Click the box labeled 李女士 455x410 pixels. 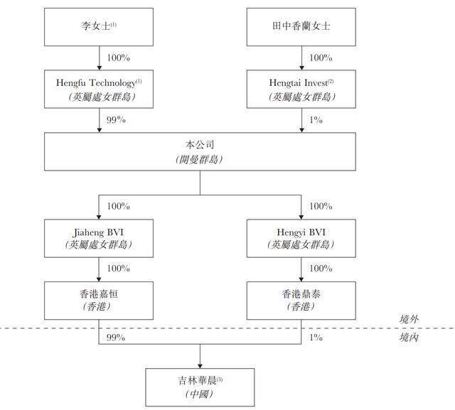(99, 27)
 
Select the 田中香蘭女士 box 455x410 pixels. (301, 27)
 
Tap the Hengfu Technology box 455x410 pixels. (99, 89)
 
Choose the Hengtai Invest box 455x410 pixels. (301, 89)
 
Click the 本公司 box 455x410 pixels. (200, 151)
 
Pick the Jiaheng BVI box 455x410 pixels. (99, 238)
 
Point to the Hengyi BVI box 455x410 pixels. (301, 238)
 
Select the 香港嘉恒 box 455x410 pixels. (99, 301)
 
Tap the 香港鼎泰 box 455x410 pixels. (301, 301)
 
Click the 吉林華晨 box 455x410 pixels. (200, 387)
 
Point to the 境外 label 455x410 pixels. (409, 319)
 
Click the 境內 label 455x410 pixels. (409, 338)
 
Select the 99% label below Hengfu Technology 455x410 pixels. (116, 120)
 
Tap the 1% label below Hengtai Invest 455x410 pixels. (316, 120)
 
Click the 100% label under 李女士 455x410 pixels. (119, 58)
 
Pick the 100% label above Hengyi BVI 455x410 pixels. (321, 206)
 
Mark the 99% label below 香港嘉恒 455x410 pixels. (116, 338)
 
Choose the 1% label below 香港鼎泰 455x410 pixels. (316, 338)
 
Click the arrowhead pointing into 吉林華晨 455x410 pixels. (200, 366)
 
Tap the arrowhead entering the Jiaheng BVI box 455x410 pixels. (99, 217)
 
